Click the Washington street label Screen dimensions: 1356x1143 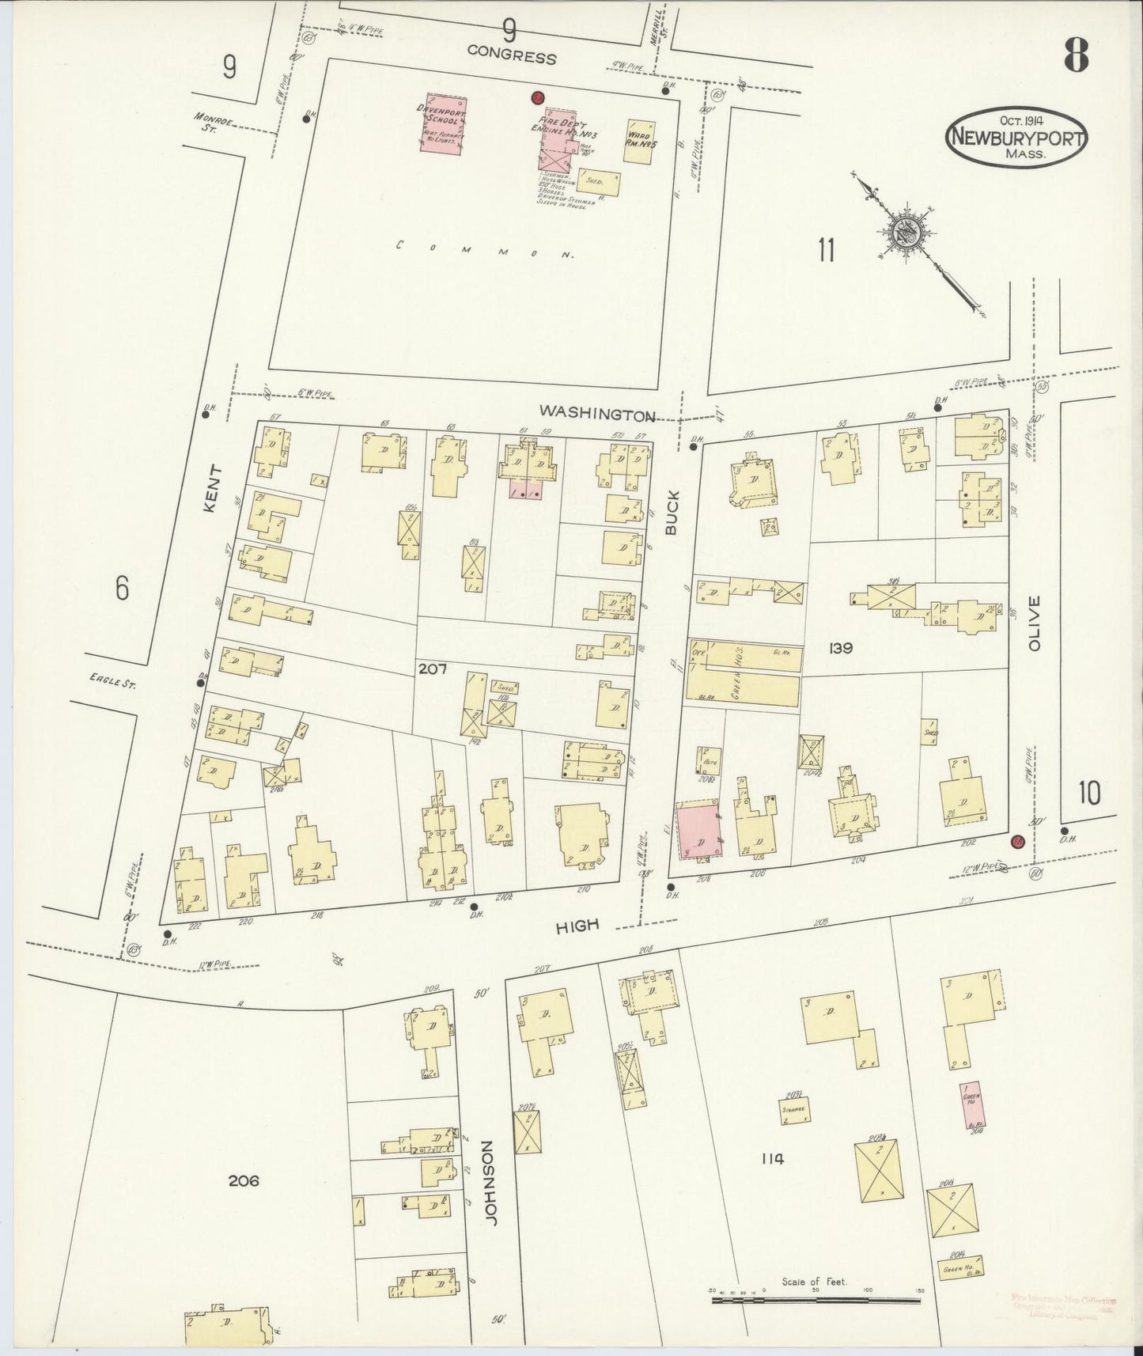pyautogui.click(x=597, y=412)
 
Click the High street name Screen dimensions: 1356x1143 pyautogui.click(x=577, y=925)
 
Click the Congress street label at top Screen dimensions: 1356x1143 pyautogui.click(x=511, y=57)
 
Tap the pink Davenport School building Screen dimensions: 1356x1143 pyautogui.click(x=442, y=123)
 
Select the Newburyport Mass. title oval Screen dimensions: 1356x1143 pyautogui.click(x=1016, y=139)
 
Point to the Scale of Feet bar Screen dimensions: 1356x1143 pyautogui.click(x=815, y=1295)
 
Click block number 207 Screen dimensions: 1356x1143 pyautogui.click(x=433, y=669)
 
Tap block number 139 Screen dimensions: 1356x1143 pyautogui.click(x=840, y=648)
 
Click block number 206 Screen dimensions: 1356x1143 pyautogui.click(x=244, y=1180)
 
